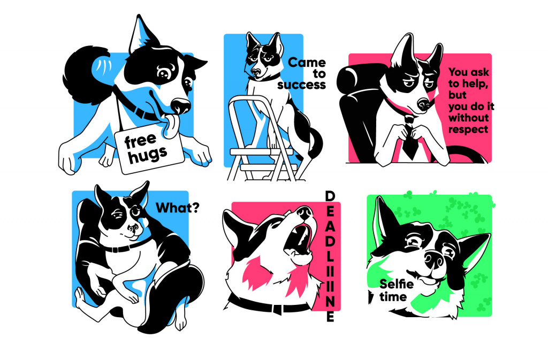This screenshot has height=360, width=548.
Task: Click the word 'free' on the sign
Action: click(141, 141)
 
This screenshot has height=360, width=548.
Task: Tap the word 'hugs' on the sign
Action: click(148, 155)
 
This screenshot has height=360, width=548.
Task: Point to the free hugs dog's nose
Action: click(181, 105)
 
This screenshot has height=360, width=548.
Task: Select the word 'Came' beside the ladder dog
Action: click(307, 63)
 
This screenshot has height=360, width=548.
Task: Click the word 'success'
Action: click(302, 85)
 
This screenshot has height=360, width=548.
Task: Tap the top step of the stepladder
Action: click(261, 152)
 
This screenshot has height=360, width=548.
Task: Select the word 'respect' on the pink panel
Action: click(468, 129)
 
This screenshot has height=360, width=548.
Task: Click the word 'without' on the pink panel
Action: click(468, 118)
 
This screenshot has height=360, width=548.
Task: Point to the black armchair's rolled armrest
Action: click(356, 79)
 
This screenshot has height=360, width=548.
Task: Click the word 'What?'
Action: click(177, 208)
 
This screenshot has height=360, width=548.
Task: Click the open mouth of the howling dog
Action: click(299, 240)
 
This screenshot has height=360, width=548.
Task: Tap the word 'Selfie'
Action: click(397, 284)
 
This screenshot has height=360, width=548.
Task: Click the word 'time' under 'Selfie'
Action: click(393, 297)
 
